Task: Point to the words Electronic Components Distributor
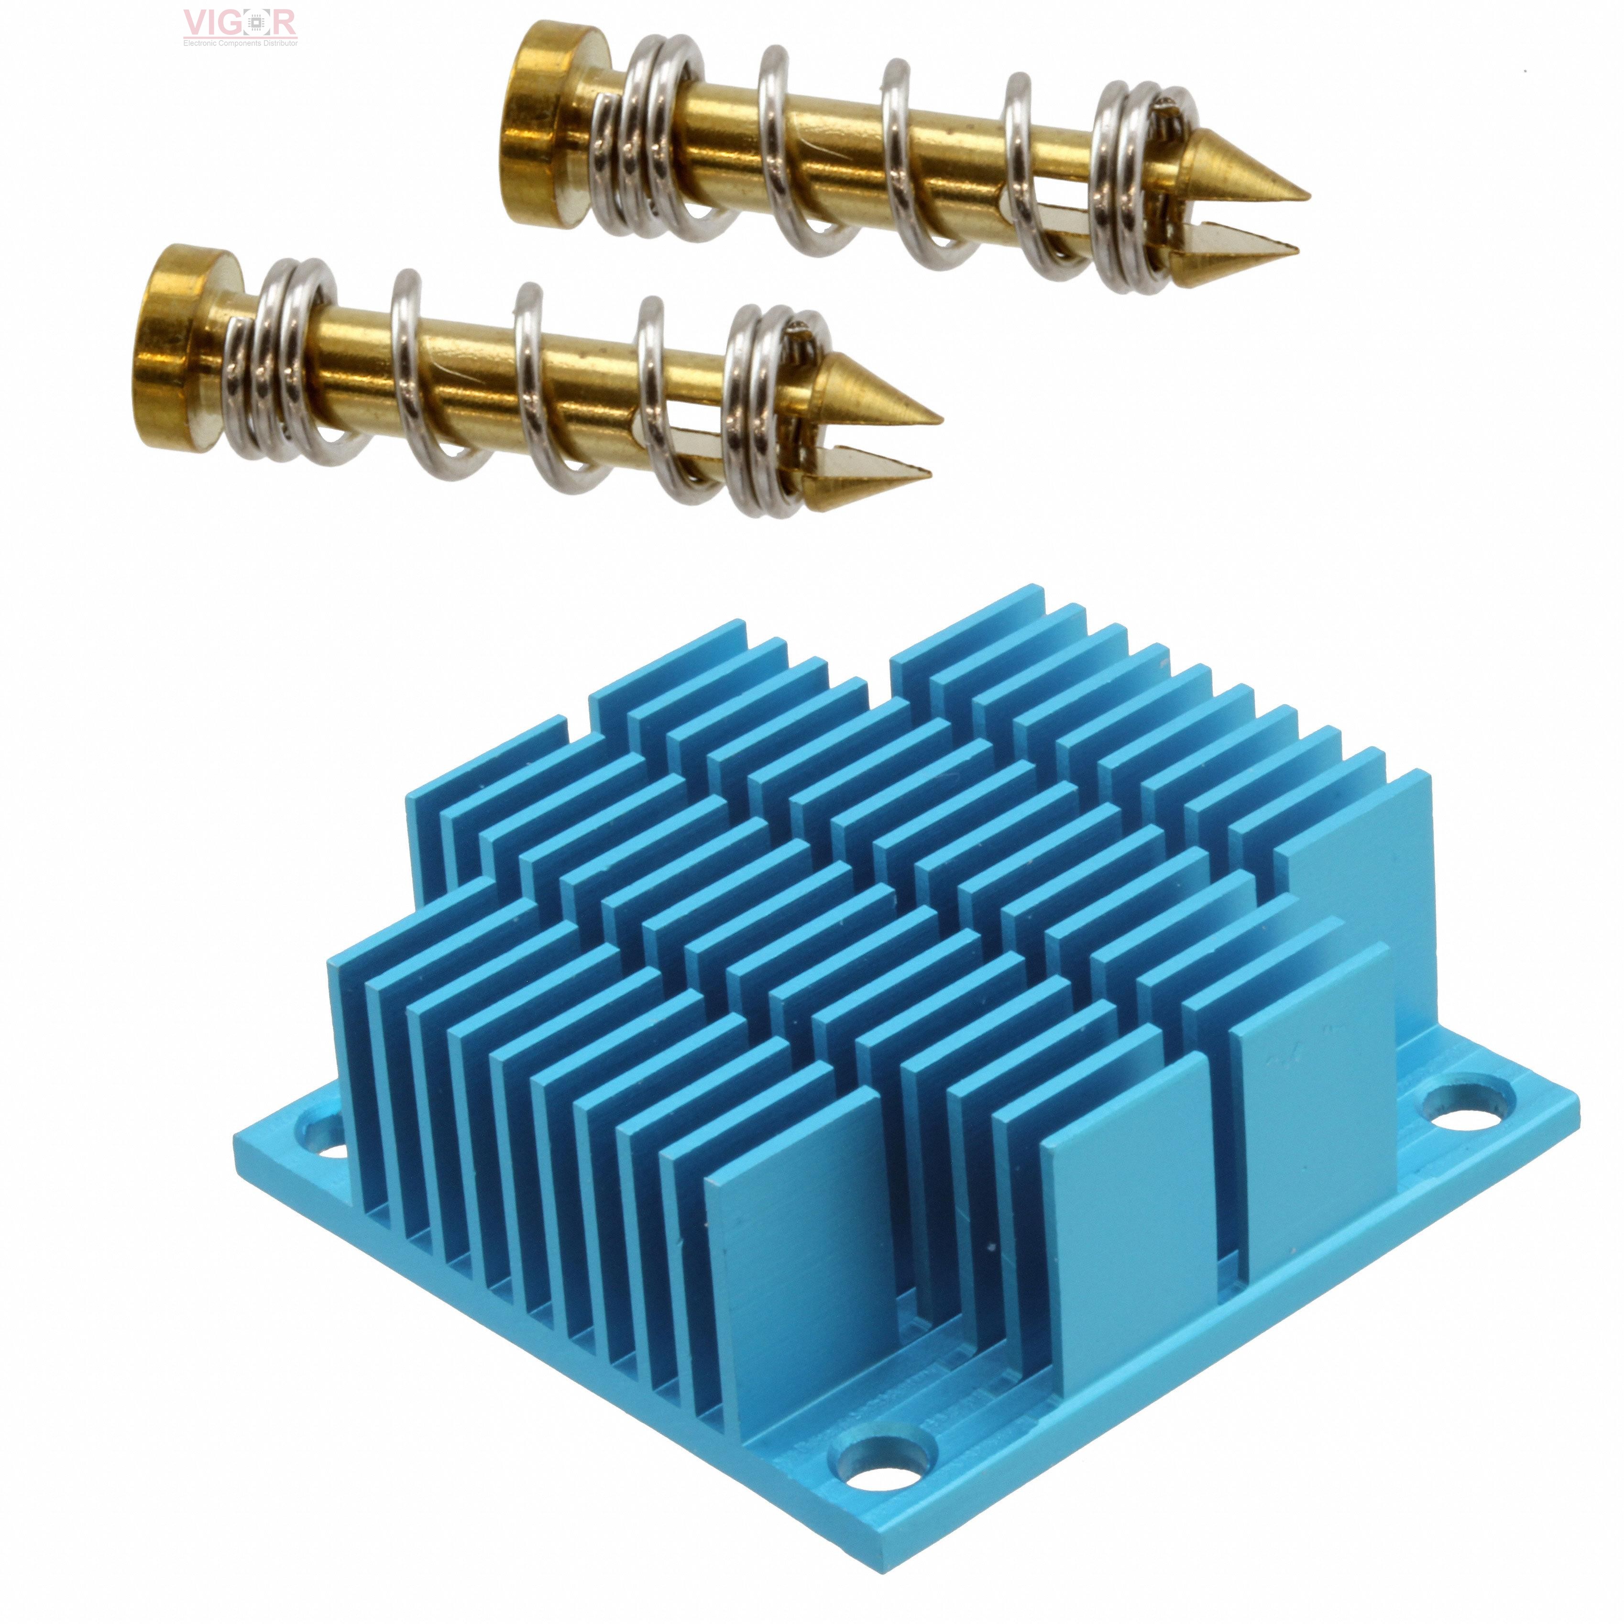(x=241, y=42)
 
